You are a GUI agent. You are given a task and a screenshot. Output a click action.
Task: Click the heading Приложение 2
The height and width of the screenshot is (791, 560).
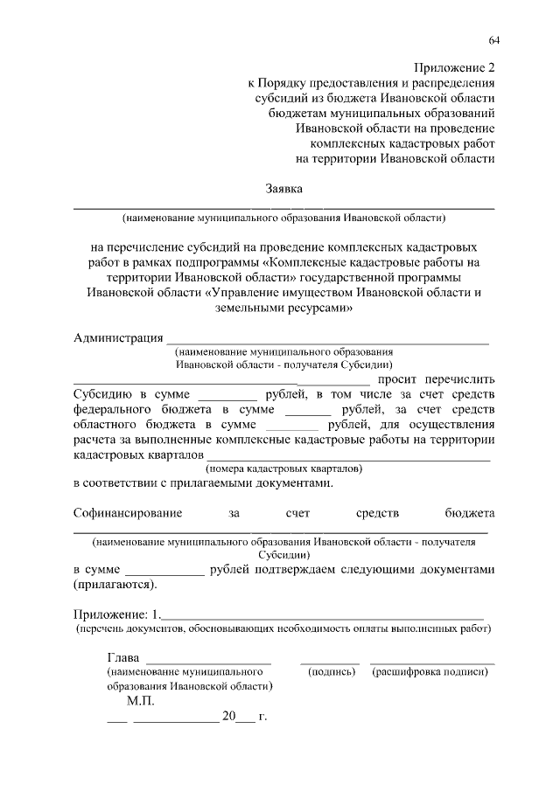pyautogui.click(x=453, y=68)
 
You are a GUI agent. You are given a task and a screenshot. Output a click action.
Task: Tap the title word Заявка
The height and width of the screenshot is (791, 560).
pyautogui.click(x=284, y=188)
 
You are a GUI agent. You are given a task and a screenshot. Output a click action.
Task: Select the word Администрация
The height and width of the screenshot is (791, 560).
pyautogui.click(x=117, y=338)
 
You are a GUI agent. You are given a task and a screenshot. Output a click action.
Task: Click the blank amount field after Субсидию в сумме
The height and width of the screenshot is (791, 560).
pyautogui.click(x=227, y=395)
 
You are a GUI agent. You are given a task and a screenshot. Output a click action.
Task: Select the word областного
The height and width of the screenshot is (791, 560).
pyautogui.click(x=109, y=424)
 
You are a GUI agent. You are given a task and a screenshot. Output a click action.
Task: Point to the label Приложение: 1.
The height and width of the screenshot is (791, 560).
pyautogui.click(x=116, y=613)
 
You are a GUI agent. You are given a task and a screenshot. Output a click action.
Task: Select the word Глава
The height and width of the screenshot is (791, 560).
pyautogui.click(x=123, y=657)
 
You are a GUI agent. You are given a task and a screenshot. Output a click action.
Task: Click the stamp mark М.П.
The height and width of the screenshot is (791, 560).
pyautogui.click(x=140, y=701)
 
